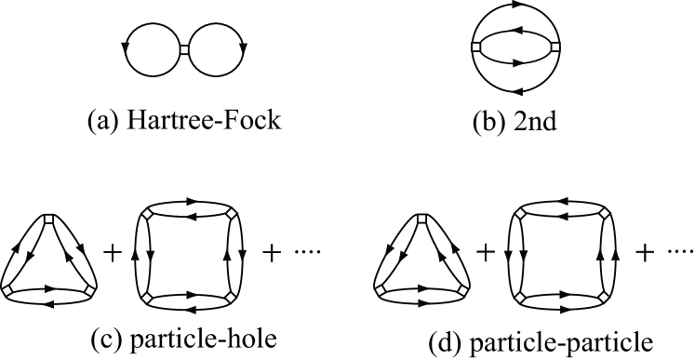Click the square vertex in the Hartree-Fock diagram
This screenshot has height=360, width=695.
pos(185,47)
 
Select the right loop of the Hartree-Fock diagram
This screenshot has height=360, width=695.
pos(247,47)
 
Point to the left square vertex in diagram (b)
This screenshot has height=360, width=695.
pos(476,47)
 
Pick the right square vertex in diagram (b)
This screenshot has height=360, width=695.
pos(556,47)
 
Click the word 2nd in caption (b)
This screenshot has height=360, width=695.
pos(532,120)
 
